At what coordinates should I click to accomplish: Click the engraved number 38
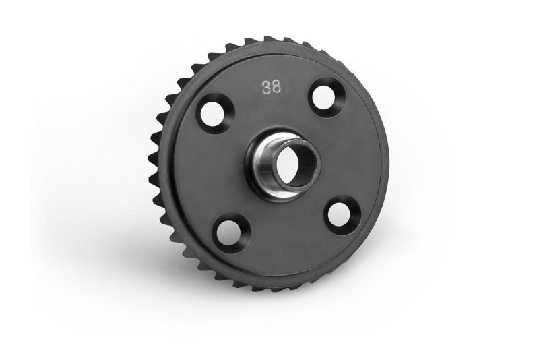point(272,88)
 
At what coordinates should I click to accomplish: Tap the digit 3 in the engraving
point(266,88)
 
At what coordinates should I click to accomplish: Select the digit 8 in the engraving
point(276,88)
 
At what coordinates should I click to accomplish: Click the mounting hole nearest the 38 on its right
point(324,96)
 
